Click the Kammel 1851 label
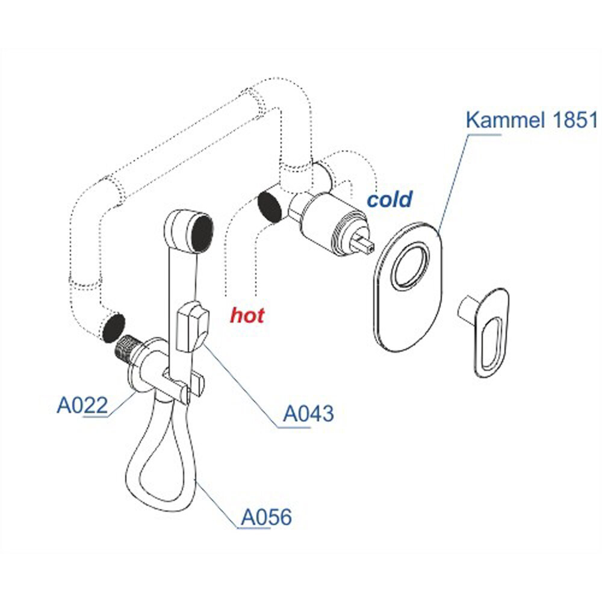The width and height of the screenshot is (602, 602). pos(532,120)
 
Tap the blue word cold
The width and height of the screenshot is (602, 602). pos(390,199)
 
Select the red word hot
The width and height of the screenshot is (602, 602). pos(247,315)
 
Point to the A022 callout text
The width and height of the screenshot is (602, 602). pos(82,405)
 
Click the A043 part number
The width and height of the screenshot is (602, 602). pos(308,414)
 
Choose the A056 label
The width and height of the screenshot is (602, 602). pos(266,517)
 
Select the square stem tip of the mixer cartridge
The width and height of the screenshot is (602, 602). pos(366,243)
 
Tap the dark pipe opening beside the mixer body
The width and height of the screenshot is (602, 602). pos(268,206)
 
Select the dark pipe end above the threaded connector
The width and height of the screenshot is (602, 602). pos(113,327)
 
